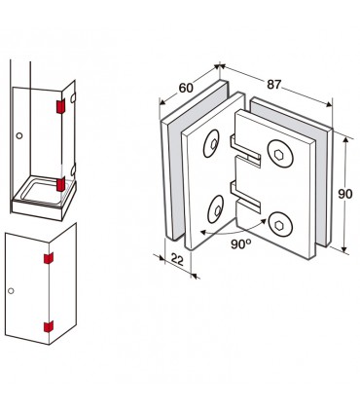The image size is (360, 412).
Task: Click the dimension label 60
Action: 186,88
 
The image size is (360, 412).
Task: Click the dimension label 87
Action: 274,84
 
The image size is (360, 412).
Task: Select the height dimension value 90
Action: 345,194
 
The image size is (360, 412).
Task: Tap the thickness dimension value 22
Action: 177,259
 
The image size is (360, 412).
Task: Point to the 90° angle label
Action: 241,243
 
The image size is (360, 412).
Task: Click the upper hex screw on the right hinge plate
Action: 280,154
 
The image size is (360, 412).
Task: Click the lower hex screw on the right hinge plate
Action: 279,225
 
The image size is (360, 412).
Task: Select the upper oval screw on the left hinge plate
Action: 211,144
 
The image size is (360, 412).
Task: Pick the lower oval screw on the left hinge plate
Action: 216,209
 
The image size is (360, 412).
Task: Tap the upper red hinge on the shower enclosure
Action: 60,106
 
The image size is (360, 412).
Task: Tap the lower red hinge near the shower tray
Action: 60,184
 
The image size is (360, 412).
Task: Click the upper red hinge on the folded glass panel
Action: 49,258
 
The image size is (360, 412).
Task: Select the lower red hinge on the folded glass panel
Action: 49,326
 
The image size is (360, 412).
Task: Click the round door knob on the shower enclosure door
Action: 19,135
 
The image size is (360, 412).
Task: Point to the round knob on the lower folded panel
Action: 11,290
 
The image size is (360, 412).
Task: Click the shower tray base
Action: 44,200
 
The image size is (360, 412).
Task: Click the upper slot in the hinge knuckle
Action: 245,150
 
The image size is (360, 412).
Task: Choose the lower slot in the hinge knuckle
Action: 245,196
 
